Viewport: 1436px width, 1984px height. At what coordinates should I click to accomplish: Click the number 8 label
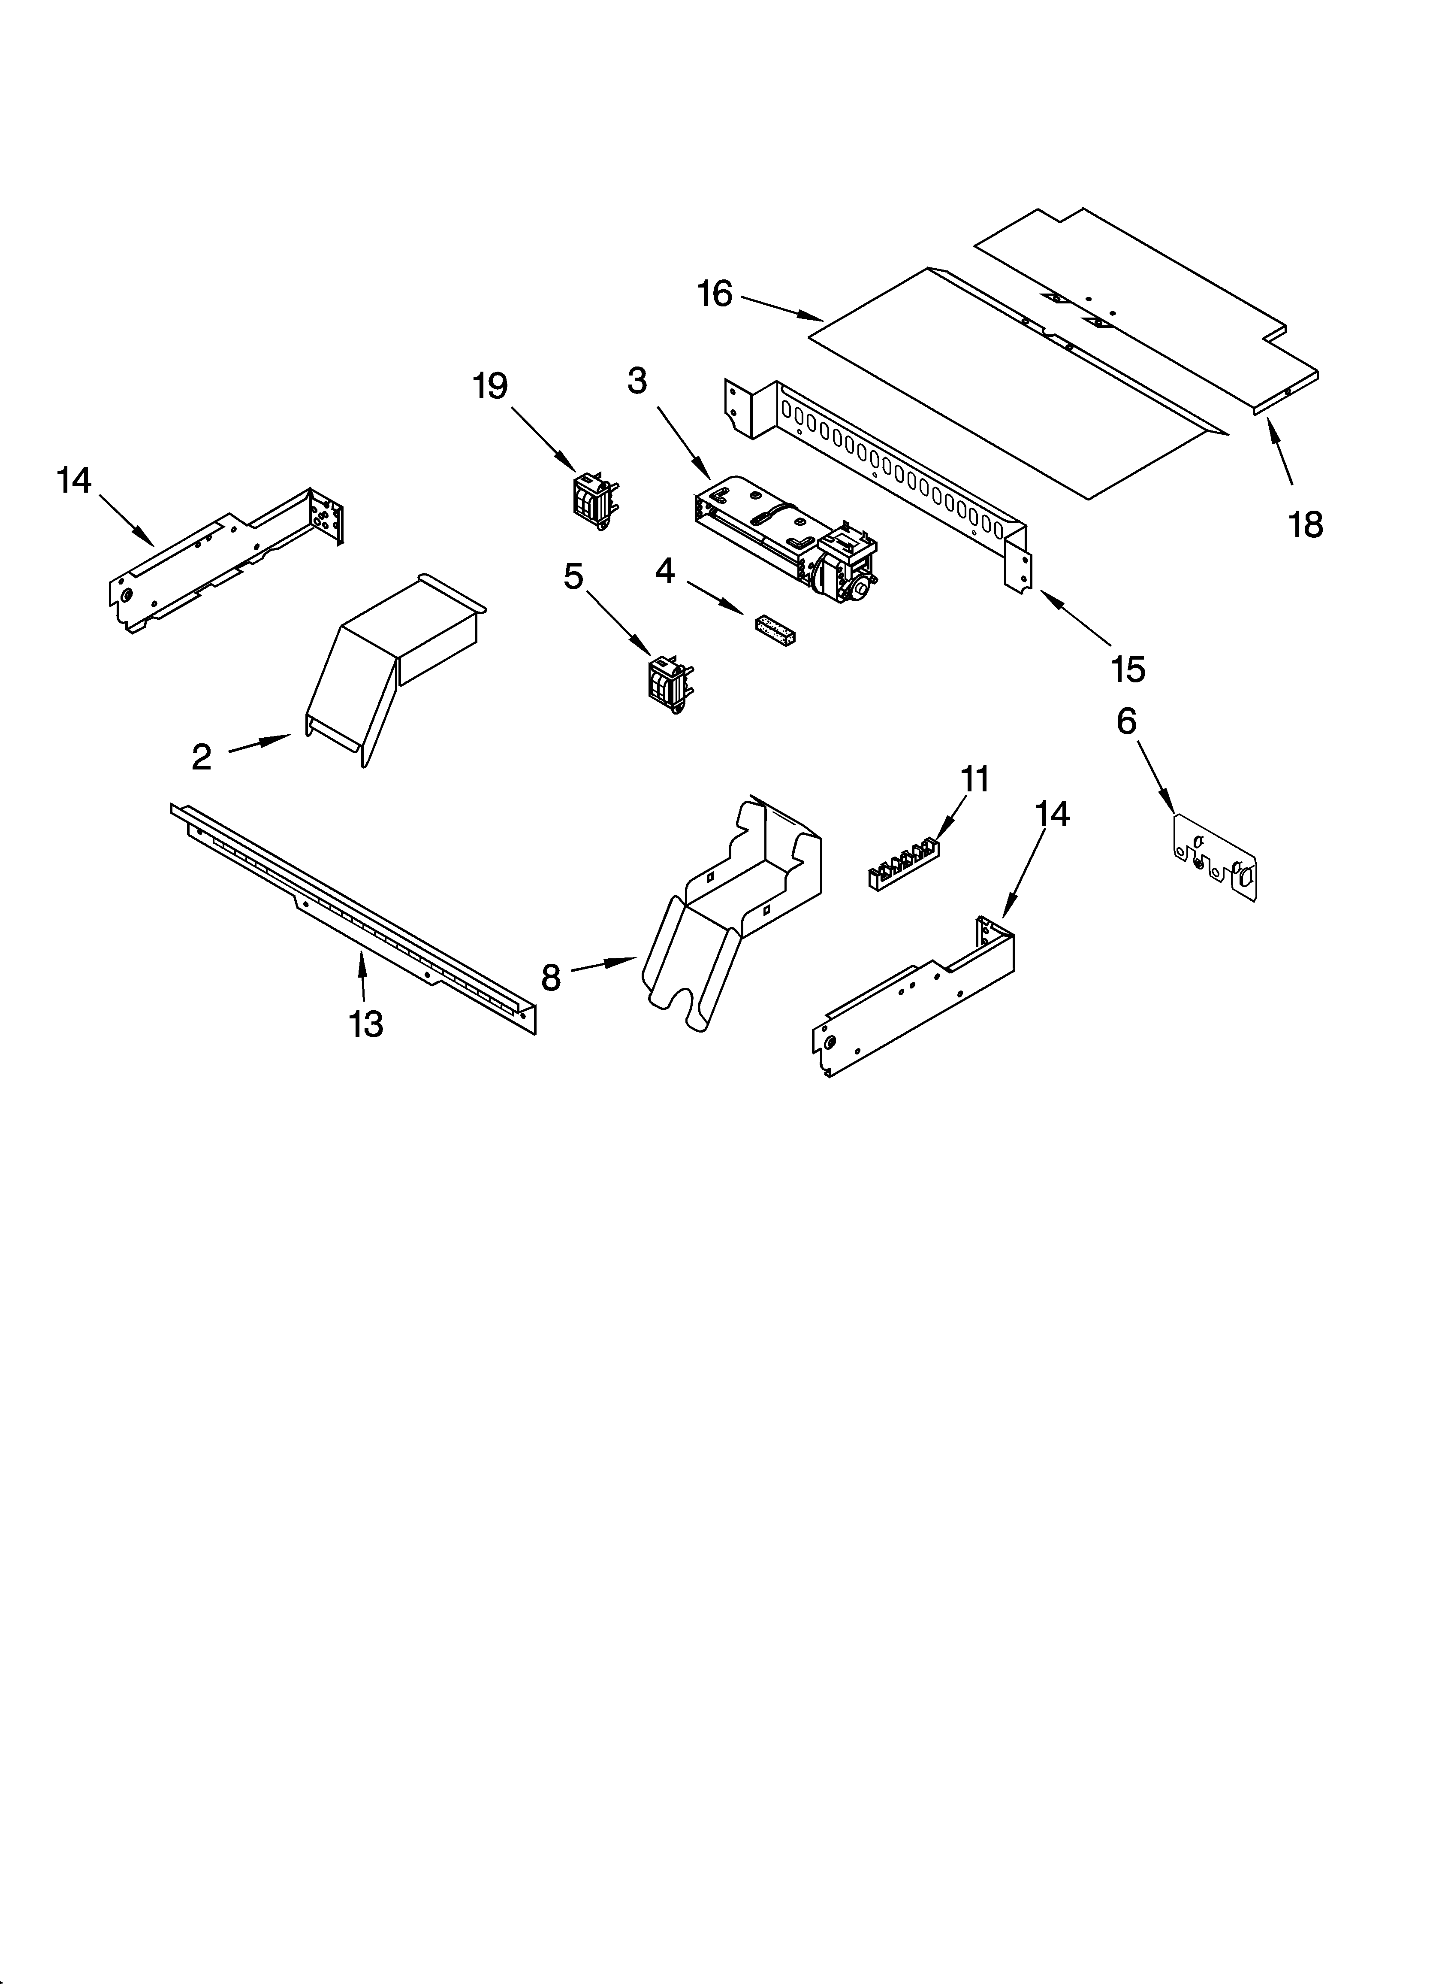[x=550, y=977]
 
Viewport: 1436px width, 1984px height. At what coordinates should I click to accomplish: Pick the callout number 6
[x=1126, y=721]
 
